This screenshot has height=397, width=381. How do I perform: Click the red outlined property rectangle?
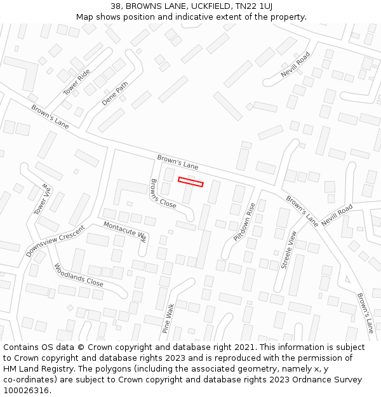tap(190, 182)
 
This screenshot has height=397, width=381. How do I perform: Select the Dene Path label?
tap(115, 93)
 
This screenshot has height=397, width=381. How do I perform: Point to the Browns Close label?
tap(163, 194)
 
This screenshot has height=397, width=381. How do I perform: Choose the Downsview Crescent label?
tap(56, 241)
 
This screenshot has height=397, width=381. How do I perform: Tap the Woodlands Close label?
tap(78, 274)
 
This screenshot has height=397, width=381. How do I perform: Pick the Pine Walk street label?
tap(168, 318)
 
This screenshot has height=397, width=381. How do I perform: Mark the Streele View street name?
tap(289, 249)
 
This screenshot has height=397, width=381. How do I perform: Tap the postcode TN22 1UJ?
tap(252, 6)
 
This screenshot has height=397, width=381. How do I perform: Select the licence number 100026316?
tap(27, 391)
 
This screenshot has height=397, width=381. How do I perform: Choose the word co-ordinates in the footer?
tap(29, 380)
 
